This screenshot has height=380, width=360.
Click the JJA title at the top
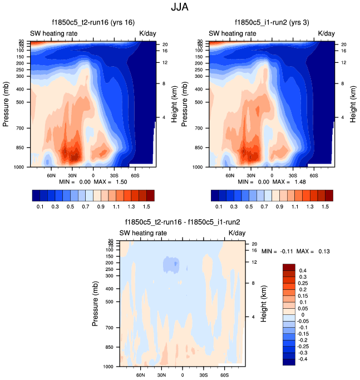click(180, 8)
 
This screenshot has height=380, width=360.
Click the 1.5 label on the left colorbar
click(150, 206)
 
